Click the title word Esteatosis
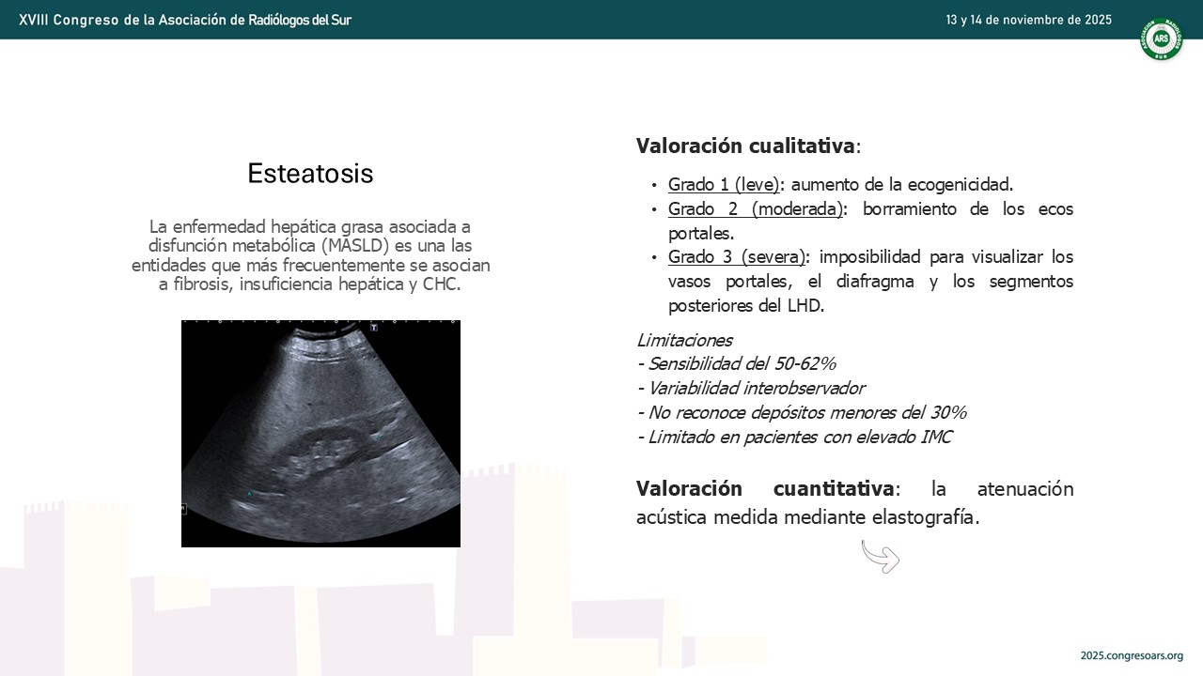[310, 174]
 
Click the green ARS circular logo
[1161, 38]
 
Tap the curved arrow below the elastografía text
[881, 557]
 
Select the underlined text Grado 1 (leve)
[724, 185]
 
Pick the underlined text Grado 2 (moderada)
[756, 208]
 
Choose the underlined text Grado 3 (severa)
[737, 257]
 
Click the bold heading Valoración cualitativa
[745, 146]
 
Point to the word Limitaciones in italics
[685, 340]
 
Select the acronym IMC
[936, 438]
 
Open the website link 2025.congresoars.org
[1132, 655]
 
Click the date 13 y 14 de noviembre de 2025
[1028, 20]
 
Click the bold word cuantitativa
[834, 489]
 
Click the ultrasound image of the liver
[320, 434]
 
